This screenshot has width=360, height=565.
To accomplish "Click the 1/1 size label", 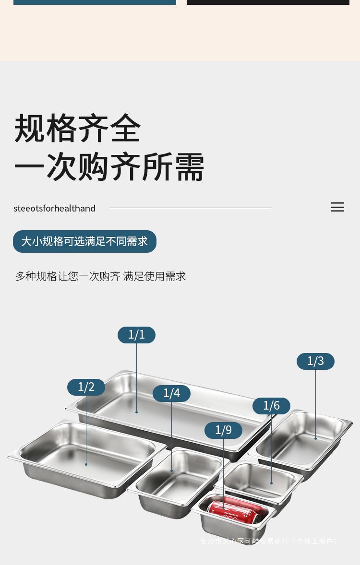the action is tap(136, 335).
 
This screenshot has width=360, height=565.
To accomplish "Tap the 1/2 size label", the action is tap(86, 387).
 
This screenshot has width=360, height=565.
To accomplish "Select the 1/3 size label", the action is tap(315, 361).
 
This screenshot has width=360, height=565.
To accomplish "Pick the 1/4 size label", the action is tap(171, 393).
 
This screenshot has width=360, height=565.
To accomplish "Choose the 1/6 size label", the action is tap(271, 406).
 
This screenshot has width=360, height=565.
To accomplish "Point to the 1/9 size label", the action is tap(223, 430).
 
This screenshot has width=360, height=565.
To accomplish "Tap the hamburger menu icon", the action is tap(337, 207).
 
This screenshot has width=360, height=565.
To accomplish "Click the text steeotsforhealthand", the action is tap(54, 208).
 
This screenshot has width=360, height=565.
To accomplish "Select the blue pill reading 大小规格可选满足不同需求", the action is tap(84, 241).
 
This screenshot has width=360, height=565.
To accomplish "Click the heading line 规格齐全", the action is tap(77, 129).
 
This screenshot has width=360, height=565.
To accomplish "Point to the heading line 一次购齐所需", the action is tap(109, 167).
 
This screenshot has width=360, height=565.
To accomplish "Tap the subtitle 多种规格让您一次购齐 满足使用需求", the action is tap(100, 276).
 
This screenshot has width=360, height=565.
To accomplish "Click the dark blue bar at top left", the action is tap(95, 2).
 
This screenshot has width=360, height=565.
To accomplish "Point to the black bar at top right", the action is tap(268, 2).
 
